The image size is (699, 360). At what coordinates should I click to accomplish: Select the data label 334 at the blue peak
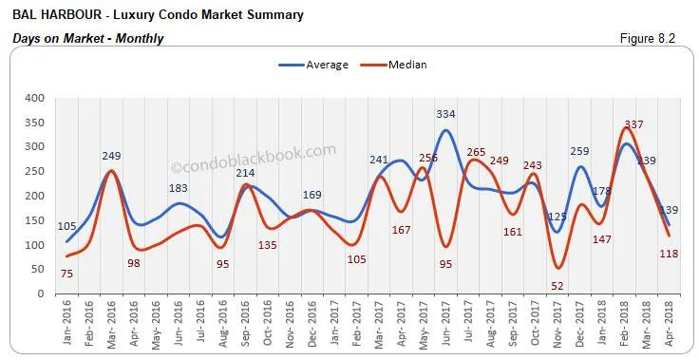point(445,114)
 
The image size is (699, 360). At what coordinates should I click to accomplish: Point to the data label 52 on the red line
point(557,285)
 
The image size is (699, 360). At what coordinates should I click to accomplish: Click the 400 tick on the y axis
point(34,98)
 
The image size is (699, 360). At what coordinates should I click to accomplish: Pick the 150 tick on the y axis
point(34,220)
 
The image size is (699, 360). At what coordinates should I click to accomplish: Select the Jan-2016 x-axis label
point(67,326)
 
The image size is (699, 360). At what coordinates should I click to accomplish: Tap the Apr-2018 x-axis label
point(670,326)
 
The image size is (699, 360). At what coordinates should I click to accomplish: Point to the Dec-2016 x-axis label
point(312,326)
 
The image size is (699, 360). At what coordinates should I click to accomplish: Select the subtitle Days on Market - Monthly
point(88,38)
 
